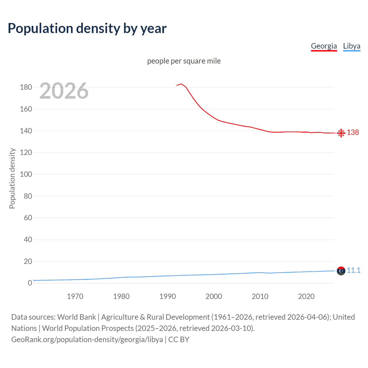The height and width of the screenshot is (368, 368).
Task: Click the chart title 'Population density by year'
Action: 87,28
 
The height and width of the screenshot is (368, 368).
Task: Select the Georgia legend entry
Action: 324,46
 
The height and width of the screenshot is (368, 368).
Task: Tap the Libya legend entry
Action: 352,46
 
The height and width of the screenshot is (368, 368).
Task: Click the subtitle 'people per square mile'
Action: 184,61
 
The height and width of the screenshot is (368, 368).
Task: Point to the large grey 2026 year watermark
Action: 64,91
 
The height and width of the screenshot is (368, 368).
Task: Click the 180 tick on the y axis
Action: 26,87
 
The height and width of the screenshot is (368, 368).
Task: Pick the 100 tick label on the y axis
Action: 26,174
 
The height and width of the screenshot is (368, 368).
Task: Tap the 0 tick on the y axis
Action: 30,283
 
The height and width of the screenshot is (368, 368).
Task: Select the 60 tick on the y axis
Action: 28,218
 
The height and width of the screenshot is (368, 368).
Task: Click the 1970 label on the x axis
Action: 75,296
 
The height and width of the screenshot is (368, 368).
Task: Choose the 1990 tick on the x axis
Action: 168,296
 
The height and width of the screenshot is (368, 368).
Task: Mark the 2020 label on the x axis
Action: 306,296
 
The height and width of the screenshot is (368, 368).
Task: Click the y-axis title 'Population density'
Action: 12,178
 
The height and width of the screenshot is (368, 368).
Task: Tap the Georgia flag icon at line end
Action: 341,133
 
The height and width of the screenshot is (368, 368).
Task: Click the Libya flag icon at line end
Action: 341,271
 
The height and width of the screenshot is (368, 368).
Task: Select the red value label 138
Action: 353,132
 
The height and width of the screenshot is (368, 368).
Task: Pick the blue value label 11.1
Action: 353,270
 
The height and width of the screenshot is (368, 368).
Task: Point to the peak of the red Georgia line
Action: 181,84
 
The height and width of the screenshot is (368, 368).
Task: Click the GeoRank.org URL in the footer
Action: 87,340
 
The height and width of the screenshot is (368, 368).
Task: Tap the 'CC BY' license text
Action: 179,340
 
